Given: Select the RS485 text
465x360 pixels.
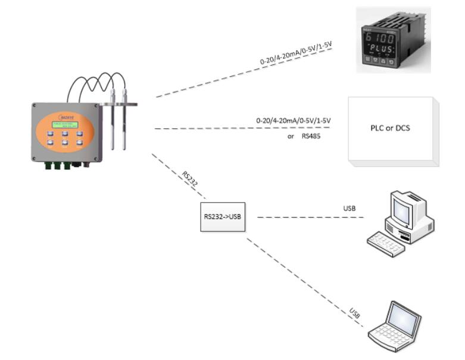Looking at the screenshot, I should tap(310, 136).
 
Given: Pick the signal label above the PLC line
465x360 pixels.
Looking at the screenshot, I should tap(293, 120).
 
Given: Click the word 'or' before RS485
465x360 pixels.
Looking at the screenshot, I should tap(291, 136).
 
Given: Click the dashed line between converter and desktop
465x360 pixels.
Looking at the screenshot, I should tap(310, 217).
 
